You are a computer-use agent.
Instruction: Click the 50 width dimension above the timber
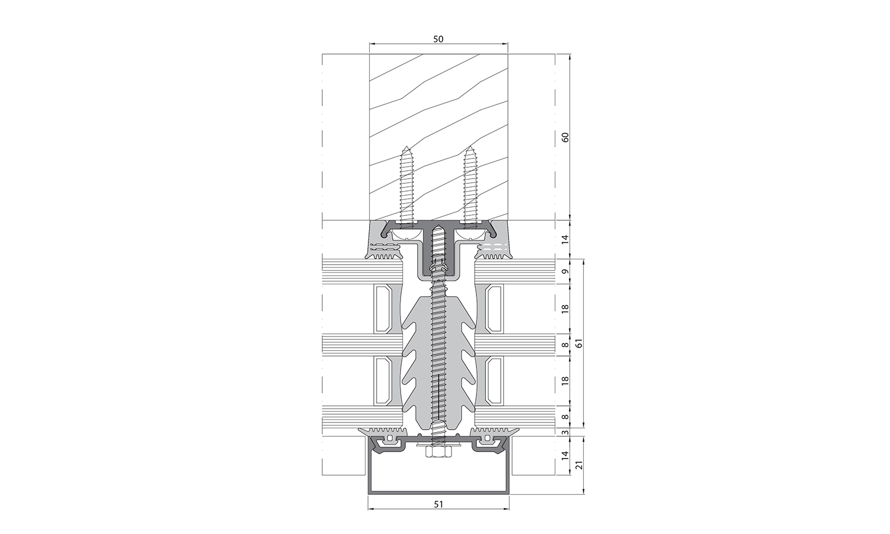point(438,39)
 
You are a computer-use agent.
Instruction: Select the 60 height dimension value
point(565,137)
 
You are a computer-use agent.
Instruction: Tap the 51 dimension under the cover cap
point(438,504)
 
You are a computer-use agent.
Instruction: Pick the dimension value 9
point(565,272)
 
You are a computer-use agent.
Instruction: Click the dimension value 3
point(565,432)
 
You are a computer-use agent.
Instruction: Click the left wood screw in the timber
point(407,187)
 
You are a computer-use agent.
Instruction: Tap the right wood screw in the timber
point(470,187)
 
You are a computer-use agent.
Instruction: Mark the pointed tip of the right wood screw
point(470,148)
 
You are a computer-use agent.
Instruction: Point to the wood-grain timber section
point(438,107)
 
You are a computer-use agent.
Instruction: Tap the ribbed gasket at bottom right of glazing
point(495,431)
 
